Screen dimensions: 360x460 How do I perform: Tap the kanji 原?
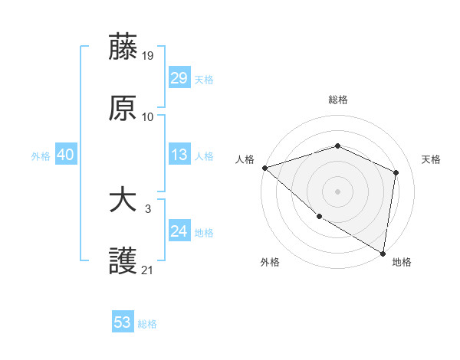(123, 108)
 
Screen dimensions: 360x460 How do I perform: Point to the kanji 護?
(123, 261)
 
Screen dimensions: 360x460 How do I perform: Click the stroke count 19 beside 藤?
(148, 55)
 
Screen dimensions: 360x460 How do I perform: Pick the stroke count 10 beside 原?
(148, 117)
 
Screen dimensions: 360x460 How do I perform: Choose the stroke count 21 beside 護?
(148, 270)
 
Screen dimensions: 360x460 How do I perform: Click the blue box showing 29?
(179, 78)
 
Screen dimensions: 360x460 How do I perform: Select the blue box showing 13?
(179, 155)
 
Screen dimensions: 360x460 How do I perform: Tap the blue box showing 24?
(179, 231)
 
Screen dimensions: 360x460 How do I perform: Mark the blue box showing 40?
(65, 155)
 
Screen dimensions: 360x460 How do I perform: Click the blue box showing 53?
(122, 322)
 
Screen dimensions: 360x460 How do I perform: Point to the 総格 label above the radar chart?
(337, 100)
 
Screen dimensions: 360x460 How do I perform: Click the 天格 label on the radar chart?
(431, 159)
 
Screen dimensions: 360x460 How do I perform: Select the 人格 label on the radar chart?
(245, 159)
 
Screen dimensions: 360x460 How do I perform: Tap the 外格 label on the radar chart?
(270, 262)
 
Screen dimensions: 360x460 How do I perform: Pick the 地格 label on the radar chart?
(402, 262)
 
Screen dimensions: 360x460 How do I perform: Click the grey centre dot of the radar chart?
(337, 191)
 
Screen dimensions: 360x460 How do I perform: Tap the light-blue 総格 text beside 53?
(147, 324)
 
